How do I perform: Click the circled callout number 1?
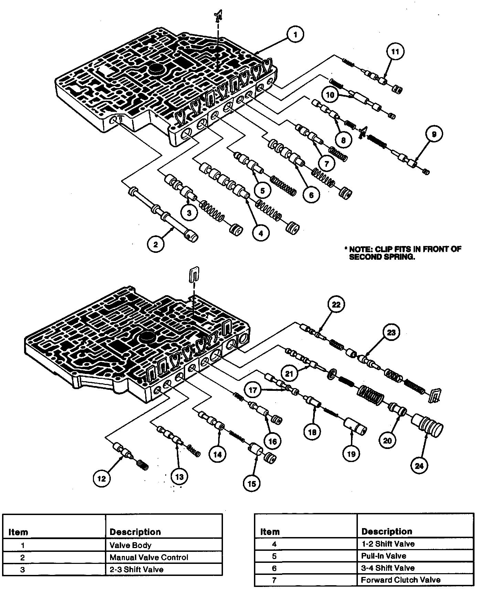tap(295, 35)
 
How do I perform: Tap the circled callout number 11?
tap(395, 52)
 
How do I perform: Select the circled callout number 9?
tap(434, 134)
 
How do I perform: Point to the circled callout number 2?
tap(156, 244)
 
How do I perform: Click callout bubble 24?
tap(420, 465)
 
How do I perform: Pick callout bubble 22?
tap(336, 304)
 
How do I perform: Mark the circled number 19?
tap(351, 454)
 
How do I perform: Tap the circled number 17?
tap(253, 390)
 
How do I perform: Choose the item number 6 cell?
tap(274, 568)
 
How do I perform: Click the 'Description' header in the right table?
tap(386, 532)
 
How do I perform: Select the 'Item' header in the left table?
tap(18, 532)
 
